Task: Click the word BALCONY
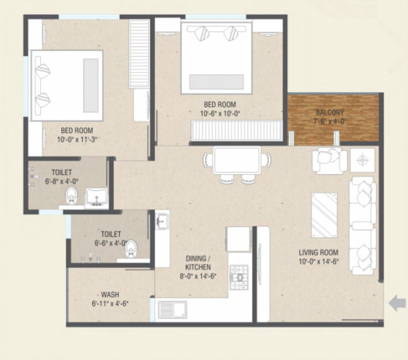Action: pyautogui.click(x=330, y=113)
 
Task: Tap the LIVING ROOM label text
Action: pyautogui.click(x=318, y=253)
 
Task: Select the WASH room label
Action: pyautogui.click(x=110, y=295)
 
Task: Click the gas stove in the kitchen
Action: pyautogui.click(x=239, y=274)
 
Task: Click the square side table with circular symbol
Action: pyautogui.click(x=362, y=160)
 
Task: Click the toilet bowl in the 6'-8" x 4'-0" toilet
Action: pyautogui.click(x=71, y=196)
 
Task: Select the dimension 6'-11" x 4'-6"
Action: pyautogui.click(x=110, y=304)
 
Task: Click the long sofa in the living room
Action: pyautogui.click(x=362, y=225)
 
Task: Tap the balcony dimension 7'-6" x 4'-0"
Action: pyautogui.click(x=330, y=122)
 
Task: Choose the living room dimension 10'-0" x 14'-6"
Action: pyautogui.click(x=318, y=263)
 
